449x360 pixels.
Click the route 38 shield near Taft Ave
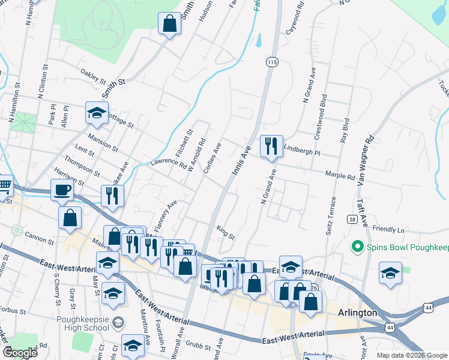[x=352, y=220]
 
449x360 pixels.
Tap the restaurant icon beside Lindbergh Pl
[x=271, y=146]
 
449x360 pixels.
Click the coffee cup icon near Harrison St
[x=62, y=190]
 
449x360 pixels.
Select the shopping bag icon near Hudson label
[x=170, y=24]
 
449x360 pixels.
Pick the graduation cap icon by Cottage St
[x=96, y=113]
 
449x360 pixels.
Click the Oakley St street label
[x=93, y=76]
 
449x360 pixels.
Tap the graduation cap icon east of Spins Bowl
[x=390, y=273]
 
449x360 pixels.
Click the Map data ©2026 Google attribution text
[x=412, y=355]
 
